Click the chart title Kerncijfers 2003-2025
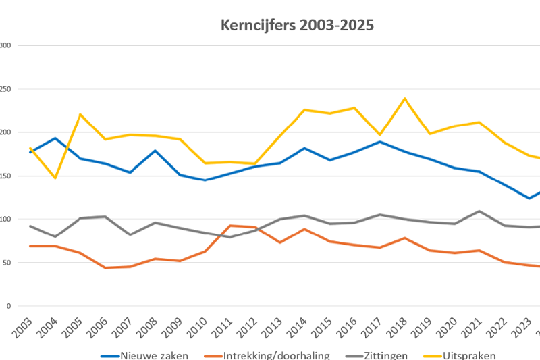[x=297, y=26]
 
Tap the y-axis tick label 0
[x=9, y=306]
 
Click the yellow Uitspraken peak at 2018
[x=405, y=99]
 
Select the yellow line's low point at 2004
[x=55, y=178]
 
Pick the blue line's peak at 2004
[x=55, y=138]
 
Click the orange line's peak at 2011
[x=230, y=226]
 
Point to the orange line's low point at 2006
[x=105, y=267]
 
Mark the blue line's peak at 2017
[x=380, y=142]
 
